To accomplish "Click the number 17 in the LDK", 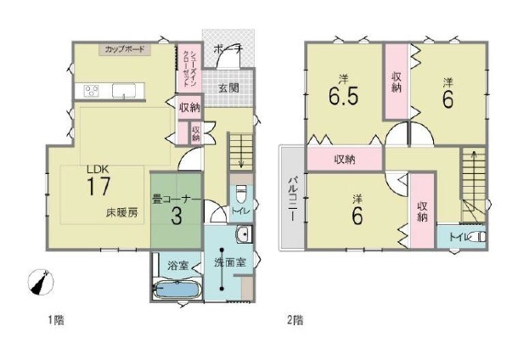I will (x=99, y=187).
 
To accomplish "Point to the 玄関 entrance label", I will (x=228, y=87).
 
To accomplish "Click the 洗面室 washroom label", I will (x=229, y=262).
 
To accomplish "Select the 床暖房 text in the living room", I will (x=121, y=211).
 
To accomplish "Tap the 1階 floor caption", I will (x=54, y=321).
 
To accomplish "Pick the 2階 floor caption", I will (x=295, y=321).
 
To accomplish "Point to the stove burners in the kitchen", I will (x=90, y=91).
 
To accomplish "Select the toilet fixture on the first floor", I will (x=241, y=191).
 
